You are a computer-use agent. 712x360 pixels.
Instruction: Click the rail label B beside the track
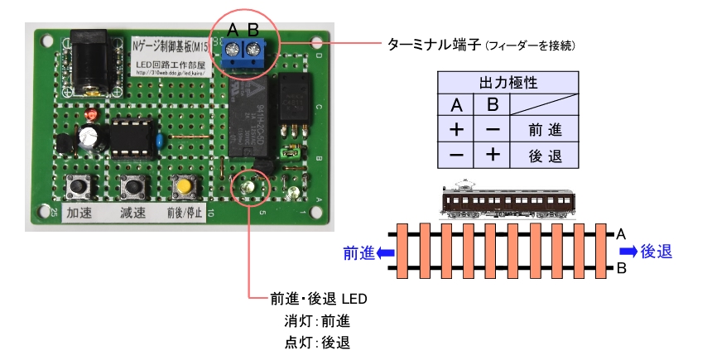[620, 268]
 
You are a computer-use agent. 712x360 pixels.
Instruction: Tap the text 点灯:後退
[316, 341]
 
